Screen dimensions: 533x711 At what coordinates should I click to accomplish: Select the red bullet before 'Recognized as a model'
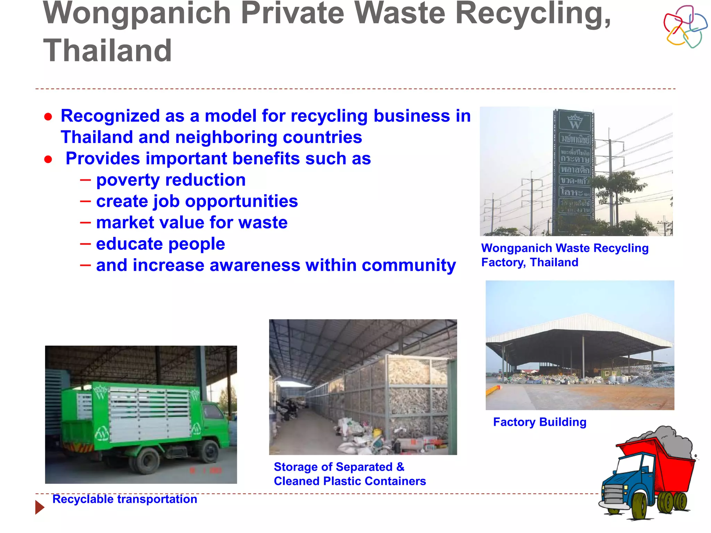pyautogui.click(x=48, y=117)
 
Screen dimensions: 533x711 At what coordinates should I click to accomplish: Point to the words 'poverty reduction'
pyautogui.click(x=171, y=180)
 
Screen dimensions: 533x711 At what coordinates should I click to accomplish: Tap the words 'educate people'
pyautogui.click(x=160, y=244)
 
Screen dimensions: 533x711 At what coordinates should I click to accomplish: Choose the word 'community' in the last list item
pyautogui.click(x=409, y=265)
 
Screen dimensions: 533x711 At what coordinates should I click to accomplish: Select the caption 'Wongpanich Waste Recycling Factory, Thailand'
pyautogui.click(x=564, y=255)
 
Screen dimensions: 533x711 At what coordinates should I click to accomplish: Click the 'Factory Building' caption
pyautogui.click(x=539, y=422)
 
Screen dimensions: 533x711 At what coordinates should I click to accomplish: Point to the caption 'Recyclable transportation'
pyautogui.click(x=125, y=499)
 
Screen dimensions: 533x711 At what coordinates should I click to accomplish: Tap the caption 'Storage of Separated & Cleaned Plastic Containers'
pyautogui.click(x=349, y=474)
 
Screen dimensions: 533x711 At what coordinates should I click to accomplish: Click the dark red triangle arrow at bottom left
pyautogui.click(x=40, y=507)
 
